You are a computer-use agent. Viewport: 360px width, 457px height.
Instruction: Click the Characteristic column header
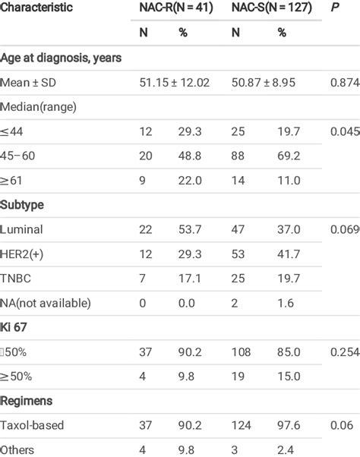36,8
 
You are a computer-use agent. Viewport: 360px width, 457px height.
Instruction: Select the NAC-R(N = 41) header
174,8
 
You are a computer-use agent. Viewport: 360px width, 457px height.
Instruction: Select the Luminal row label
22,229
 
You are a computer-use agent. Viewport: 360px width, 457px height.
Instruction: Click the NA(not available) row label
46,304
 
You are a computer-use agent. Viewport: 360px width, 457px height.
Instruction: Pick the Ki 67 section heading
15,328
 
